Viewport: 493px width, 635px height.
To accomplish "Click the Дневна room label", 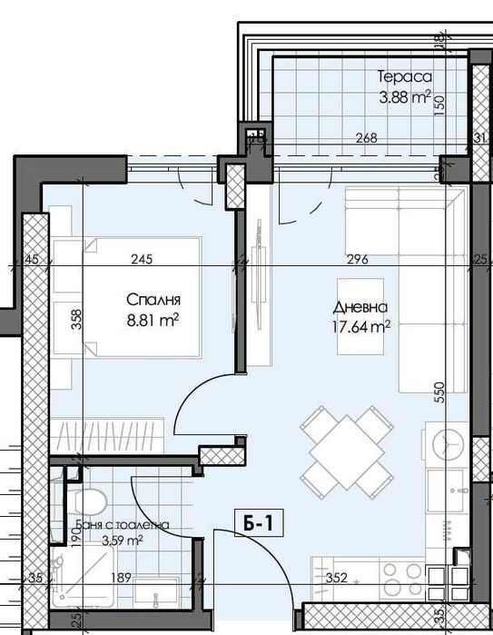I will [x=360, y=308].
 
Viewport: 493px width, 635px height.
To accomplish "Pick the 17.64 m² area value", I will [x=360, y=327].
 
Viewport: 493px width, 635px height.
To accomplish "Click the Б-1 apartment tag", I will [x=260, y=523].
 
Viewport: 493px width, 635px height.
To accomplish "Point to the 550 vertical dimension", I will [x=439, y=392].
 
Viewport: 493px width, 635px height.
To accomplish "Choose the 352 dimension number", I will [x=336, y=576].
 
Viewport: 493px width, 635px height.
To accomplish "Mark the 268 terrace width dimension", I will [x=365, y=138].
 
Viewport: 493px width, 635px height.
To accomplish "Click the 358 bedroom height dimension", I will [x=77, y=322].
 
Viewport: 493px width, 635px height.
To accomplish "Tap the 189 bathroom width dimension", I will [x=118, y=576].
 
